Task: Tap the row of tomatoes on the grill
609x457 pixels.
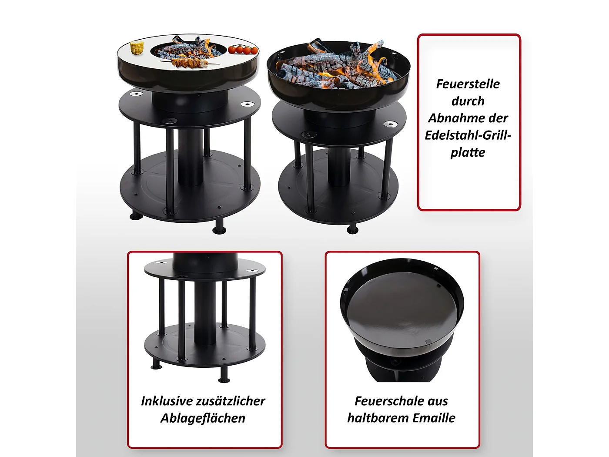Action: (243, 50)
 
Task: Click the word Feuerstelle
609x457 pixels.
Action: (468, 84)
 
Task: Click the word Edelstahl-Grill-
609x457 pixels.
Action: (468, 135)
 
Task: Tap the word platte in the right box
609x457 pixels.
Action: (468, 152)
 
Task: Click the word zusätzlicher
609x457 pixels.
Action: (231, 401)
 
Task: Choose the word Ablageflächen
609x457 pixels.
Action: (203, 418)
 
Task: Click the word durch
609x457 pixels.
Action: (468, 101)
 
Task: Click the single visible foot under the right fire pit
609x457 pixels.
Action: (352, 229)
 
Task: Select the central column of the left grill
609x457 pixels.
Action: (191, 157)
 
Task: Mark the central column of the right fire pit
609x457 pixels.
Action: (338, 167)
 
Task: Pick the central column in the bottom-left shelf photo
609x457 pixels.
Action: (205, 313)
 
